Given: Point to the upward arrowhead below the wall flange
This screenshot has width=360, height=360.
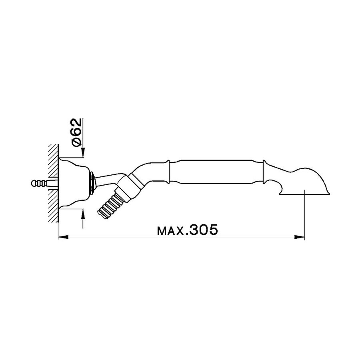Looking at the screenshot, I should pyautogui.click(x=83, y=214).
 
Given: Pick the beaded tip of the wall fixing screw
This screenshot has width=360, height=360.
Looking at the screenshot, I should pyautogui.click(x=36, y=183).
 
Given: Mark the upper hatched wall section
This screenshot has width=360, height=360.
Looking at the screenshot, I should pyautogui.click(x=53, y=160).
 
